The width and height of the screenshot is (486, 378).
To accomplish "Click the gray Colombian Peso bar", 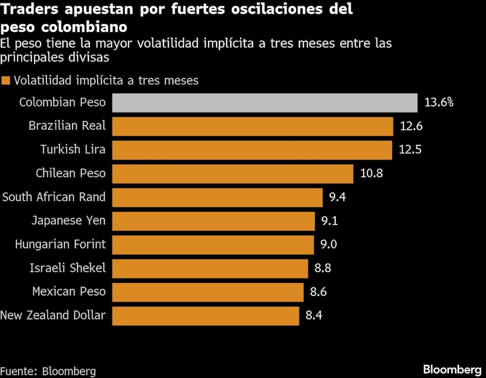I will [265, 103].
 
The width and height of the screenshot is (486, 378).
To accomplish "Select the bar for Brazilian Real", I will [253, 126].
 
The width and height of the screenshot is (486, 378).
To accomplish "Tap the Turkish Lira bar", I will [252, 150].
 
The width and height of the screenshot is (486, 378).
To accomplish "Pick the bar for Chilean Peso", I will [233, 173].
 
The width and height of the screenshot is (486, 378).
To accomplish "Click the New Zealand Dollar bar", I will [206, 316].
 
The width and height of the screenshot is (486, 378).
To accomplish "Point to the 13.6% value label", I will [439, 103].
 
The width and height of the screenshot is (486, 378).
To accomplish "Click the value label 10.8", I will [372, 173].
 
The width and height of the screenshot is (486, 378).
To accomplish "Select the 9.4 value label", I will [337, 197].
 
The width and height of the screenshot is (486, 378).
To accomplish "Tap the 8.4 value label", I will [313, 316].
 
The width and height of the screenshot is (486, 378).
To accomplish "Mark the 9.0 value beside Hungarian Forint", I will [329, 244].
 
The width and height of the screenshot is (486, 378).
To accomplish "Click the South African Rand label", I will [54, 197].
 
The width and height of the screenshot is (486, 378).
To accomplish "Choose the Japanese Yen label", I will [68, 221].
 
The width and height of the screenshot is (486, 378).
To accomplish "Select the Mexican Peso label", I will [69, 292].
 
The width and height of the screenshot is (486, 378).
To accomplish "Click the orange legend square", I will [6, 81].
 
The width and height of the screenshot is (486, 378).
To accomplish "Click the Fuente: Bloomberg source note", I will [48, 371].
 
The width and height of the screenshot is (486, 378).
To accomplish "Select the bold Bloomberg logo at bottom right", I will [452, 369].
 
